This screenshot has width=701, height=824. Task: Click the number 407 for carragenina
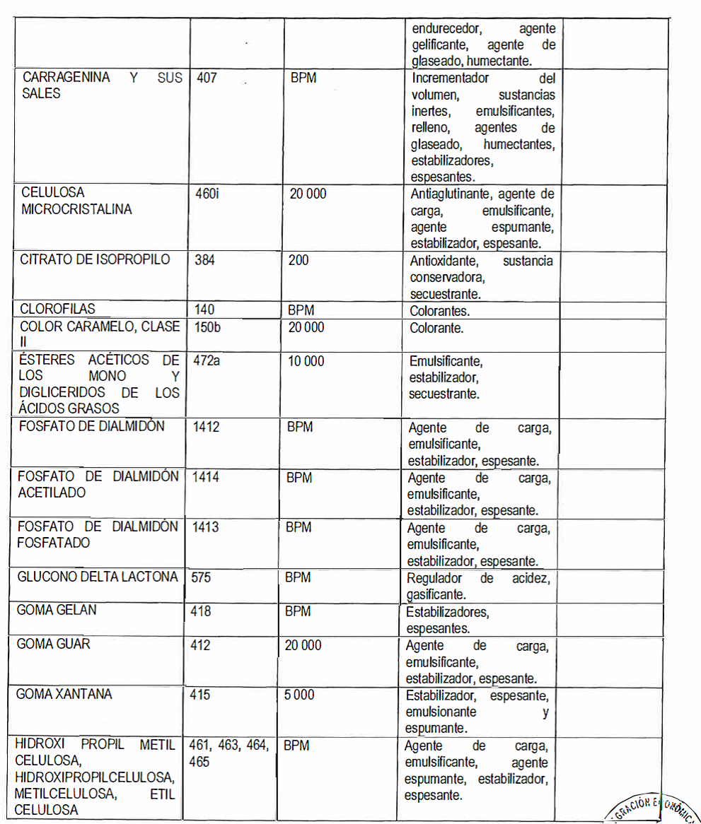(x=207, y=78)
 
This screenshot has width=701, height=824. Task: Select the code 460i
(x=207, y=193)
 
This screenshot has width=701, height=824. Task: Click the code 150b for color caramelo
(x=207, y=328)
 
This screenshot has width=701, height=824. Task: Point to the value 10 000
(x=306, y=361)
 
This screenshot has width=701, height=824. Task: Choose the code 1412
(x=207, y=427)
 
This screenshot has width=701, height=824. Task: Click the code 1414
(x=206, y=477)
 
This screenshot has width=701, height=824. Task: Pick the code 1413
(x=206, y=527)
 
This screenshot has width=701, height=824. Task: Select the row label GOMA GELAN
(x=57, y=610)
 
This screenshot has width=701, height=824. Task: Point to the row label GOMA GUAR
(x=54, y=645)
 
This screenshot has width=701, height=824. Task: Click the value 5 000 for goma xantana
(x=300, y=695)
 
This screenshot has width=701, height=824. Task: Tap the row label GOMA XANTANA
(x=64, y=694)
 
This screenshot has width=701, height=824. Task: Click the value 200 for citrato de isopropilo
(x=299, y=260)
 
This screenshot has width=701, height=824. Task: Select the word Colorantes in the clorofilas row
(x=439, y=310)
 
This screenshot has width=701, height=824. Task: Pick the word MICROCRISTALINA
(x=76, y=209)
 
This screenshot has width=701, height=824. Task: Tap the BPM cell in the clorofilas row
(x=301, y=310)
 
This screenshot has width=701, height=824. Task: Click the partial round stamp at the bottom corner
(x=651, y=809)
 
